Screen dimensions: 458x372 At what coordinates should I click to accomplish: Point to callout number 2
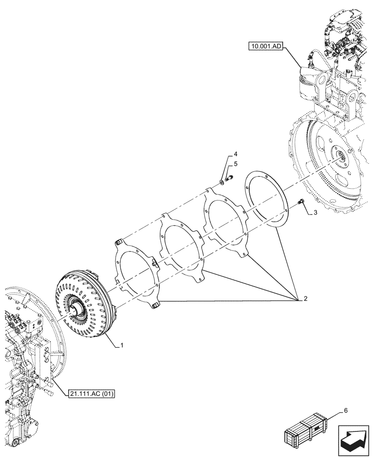[303, 299]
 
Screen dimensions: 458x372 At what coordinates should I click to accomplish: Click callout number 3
[316, 213]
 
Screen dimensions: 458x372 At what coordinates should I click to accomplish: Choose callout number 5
[235, 163]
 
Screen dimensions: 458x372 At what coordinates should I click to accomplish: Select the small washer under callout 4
[222, 183]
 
